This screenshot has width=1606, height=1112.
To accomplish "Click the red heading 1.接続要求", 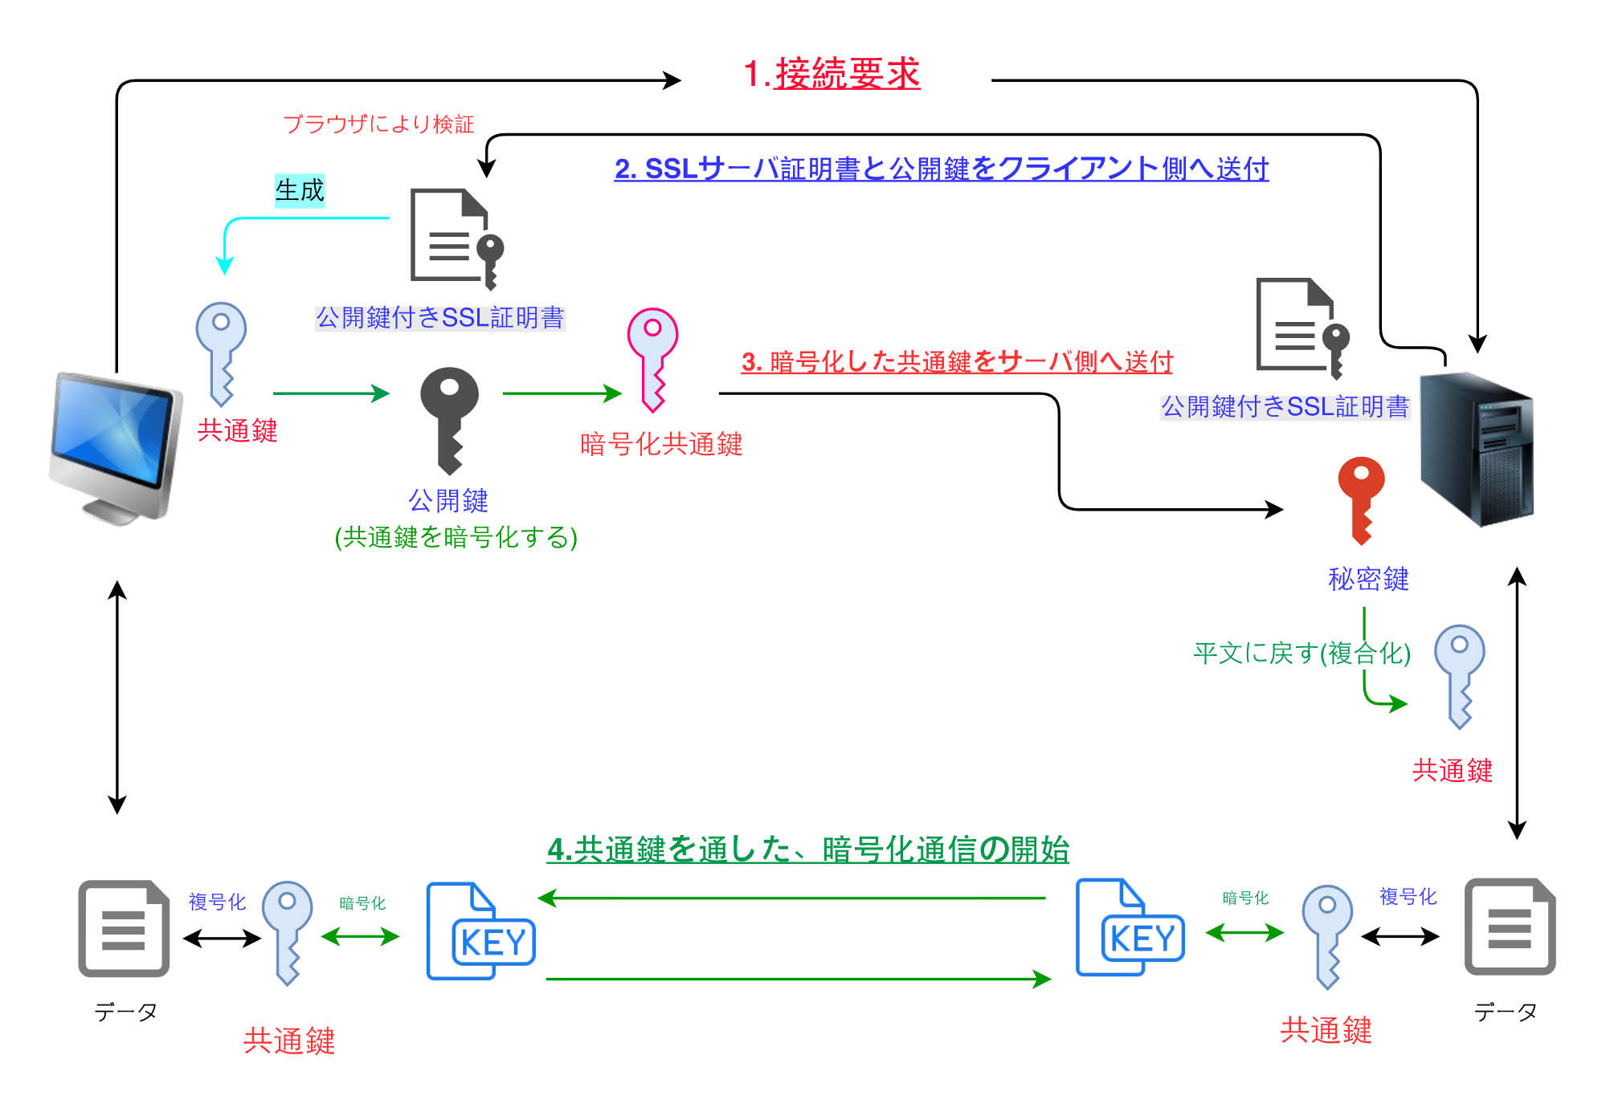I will coord(832,74).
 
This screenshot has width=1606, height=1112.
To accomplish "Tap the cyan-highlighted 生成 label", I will coord(300,190).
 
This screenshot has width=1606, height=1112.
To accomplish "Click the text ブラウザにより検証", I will coord(378,124).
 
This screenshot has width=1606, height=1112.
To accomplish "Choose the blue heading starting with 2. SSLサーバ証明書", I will coord(941,169).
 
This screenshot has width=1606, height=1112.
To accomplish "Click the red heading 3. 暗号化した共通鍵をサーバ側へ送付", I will coord(956,361).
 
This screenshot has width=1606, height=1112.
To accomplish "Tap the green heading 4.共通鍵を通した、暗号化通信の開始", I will coord(807,849).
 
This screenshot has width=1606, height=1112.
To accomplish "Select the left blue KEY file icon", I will coord(480,931).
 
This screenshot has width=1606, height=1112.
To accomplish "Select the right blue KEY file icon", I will coord(1130,928).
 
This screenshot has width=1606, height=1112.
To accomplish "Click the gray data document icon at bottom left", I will coord(124,928).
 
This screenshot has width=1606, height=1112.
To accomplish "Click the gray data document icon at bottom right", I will coord(1509,927).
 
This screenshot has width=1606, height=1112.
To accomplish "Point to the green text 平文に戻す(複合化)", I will coord(1301,653).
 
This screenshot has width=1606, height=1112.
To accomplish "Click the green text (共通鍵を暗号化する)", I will coord(456,536).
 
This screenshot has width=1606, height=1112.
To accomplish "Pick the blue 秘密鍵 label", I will coord(1367,579).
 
